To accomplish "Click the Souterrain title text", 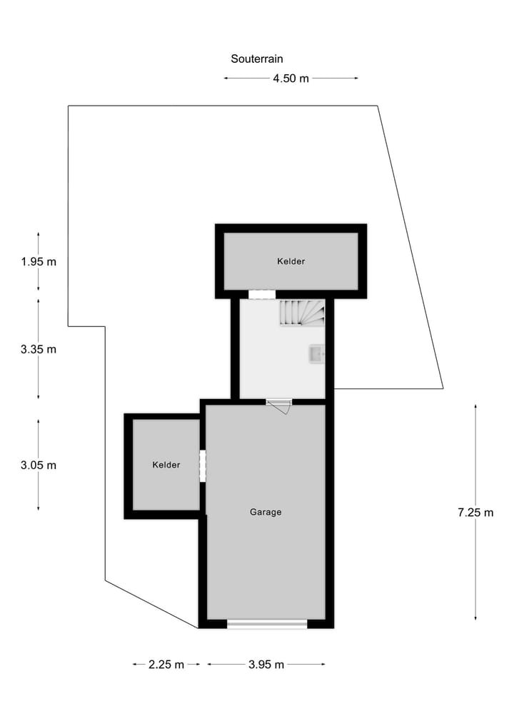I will click(256, 59).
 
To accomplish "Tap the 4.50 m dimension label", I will click(291, 79).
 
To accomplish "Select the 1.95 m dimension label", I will click(39, 261).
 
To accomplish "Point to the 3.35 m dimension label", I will click(39, 349).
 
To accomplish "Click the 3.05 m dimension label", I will click(39, 465).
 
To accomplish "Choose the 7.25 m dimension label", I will click(475, 512).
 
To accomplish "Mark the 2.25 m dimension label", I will click(166, 665).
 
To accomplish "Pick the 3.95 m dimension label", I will click(266, 665).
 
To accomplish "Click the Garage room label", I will click(266, 512).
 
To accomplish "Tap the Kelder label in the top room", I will click(291, 261).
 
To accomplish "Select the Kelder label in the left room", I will click(166, 465).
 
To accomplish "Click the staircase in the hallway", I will click(301, 313).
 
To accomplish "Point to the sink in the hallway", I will click(317, 353).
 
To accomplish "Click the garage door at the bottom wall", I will click(267, 624).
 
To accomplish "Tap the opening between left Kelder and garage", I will click(203, 465).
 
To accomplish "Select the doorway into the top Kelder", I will click(261, 294).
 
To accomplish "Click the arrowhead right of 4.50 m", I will click(356, 79).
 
